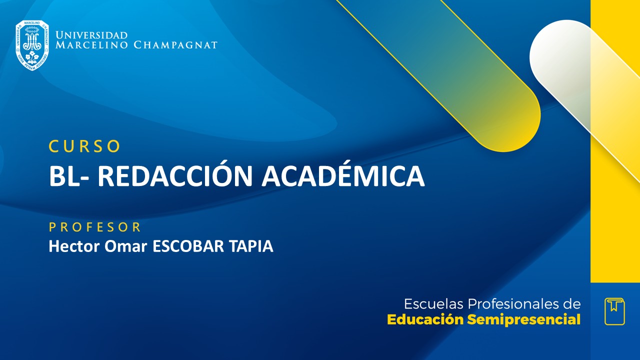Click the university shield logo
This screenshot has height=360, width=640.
32,45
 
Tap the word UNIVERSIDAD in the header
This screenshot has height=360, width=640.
91,35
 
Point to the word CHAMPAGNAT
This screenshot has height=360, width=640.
175,45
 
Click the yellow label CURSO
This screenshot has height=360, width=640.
85,146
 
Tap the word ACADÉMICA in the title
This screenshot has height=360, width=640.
343,176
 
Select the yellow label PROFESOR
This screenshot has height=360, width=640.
95,227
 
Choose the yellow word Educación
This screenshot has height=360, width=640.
425,320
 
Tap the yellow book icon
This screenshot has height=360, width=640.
614,311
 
